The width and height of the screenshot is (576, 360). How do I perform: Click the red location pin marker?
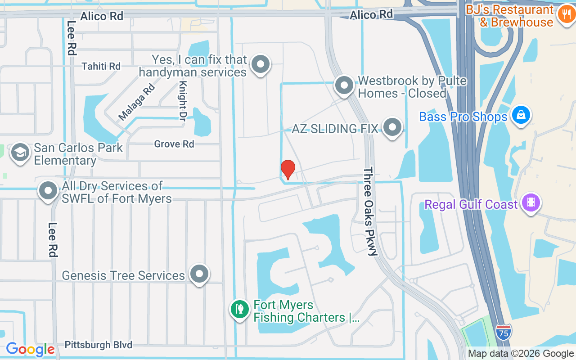point(288,169)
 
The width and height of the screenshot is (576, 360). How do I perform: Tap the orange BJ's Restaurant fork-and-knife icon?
point(564,15)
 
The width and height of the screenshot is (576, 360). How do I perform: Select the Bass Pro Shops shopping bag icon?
point(521,115)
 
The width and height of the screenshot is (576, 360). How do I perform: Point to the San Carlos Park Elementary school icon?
point(20,153)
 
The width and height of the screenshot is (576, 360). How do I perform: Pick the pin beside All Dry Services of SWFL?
point(48,191)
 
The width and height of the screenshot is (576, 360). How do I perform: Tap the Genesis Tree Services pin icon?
point(199,274)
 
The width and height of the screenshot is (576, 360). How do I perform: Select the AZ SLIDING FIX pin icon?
point(392,127)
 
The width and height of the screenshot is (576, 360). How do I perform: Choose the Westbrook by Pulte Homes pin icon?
point(344,85)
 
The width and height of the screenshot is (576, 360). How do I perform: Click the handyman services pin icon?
point(260,64)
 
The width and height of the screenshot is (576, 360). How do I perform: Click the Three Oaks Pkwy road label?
point(370,211)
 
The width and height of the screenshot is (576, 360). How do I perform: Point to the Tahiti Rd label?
point(101,66)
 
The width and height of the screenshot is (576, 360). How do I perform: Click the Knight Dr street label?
point(183,101)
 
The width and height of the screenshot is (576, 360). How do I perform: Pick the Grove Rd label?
point(174,144)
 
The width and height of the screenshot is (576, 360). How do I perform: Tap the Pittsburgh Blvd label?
point(99,345)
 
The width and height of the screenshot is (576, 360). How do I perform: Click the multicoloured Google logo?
point(30,349)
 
